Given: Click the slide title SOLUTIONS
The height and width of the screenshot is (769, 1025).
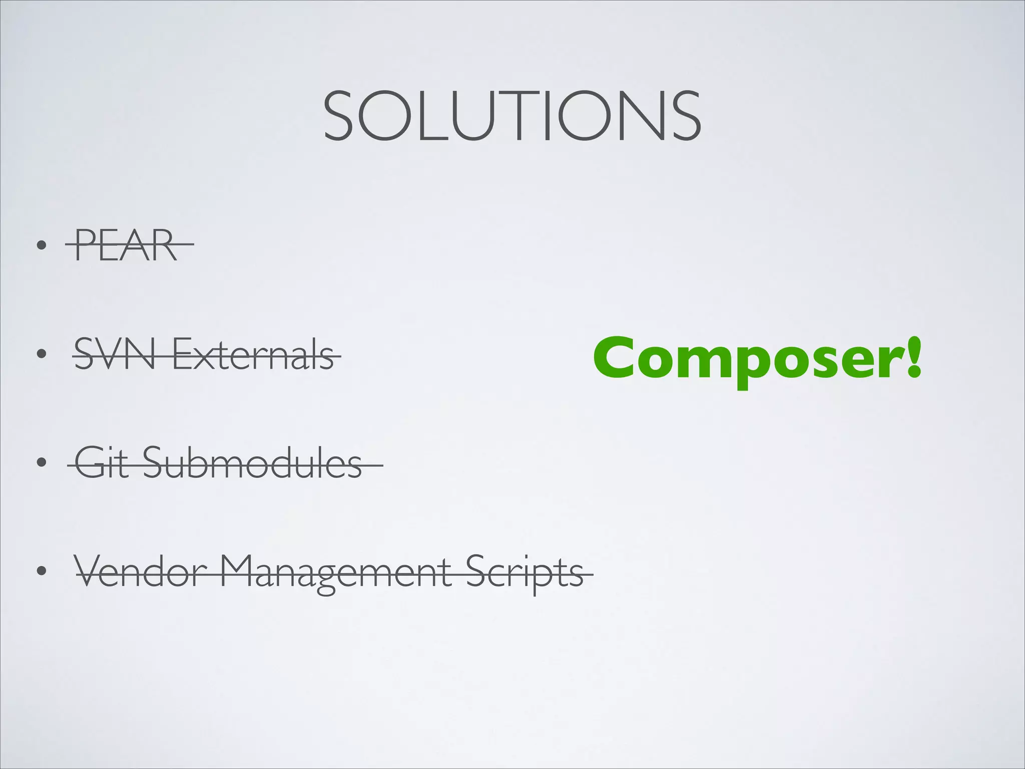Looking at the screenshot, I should click(x=512, y=116).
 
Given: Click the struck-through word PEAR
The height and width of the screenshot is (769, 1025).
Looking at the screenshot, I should click(x=126, y=245).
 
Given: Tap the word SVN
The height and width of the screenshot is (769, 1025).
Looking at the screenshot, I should click(x=115, y=353).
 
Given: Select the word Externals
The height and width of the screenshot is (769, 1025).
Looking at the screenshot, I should click(x=253, y=353).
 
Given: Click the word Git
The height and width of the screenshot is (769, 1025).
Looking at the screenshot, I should click(x=103, y=463).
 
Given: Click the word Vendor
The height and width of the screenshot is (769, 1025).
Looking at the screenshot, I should click(x=141, y=572).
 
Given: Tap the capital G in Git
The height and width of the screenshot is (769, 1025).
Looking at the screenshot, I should click(x=91, y=462).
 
